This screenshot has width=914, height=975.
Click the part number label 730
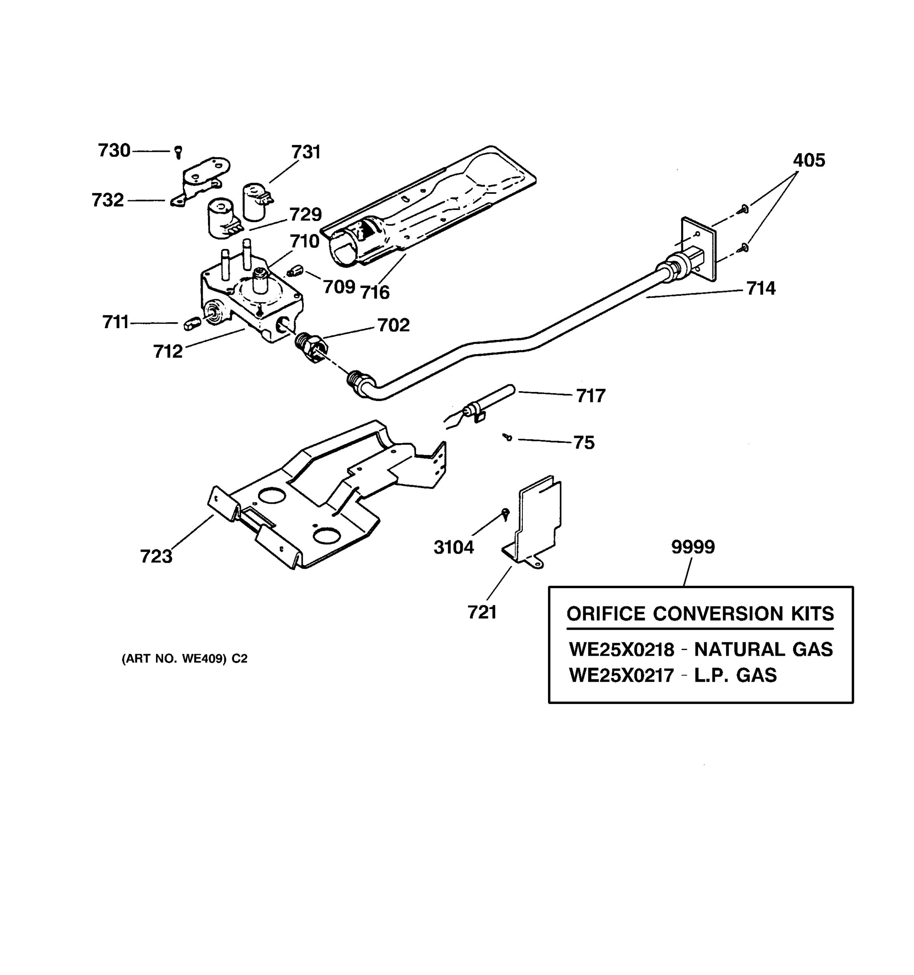[114, 151]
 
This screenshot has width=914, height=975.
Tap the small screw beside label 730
[178, 152]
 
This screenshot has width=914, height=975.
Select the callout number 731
[306, 152]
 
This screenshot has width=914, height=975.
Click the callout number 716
[375, 292]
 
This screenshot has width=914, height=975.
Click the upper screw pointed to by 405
[744, 209]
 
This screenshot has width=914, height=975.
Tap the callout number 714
[760, 288]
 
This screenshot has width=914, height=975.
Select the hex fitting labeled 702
[310, 346]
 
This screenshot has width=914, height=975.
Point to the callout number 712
[168, 352]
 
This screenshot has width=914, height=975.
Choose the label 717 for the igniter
[590, 396]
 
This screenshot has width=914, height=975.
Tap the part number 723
[156, 557]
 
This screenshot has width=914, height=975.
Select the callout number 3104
[454, 547]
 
